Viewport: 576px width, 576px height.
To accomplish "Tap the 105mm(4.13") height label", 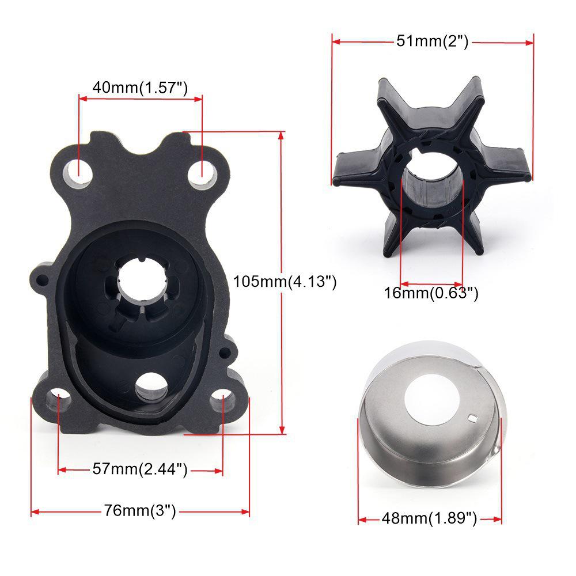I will (285, 281).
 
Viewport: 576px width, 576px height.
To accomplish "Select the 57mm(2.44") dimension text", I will (140, 469).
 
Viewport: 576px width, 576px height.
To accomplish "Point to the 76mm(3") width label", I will (140, 510).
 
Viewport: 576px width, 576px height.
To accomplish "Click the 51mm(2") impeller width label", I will (433, 41).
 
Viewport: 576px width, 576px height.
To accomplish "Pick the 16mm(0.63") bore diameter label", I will (431, 293).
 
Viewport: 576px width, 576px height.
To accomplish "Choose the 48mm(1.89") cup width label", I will (429, 518).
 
